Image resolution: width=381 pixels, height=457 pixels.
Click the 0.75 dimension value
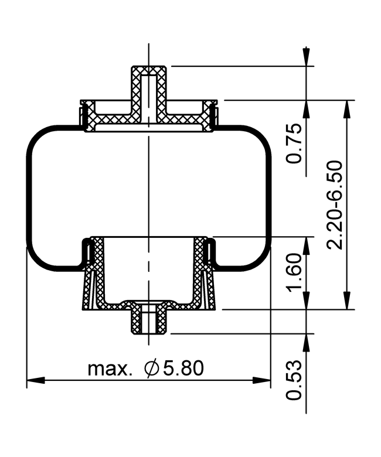(x=294, y=144)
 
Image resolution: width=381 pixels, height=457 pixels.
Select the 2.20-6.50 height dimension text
(x=335, y=204)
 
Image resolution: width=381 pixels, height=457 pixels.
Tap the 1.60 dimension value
(x=294, y=272)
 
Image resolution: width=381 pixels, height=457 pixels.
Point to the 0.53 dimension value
(x=294, y=380)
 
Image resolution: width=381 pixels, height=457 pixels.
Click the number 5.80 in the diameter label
(x=183, y=368)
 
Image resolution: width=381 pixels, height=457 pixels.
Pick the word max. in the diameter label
(x=108, y=369)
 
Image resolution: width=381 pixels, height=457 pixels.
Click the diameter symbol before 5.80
(x=151, y=369)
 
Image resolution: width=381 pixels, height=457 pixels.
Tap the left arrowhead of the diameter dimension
(x=36, y=380)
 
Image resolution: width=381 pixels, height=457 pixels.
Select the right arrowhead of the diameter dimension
(x=261, y=380)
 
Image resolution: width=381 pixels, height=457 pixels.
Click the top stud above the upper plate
(x=149, y=84)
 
